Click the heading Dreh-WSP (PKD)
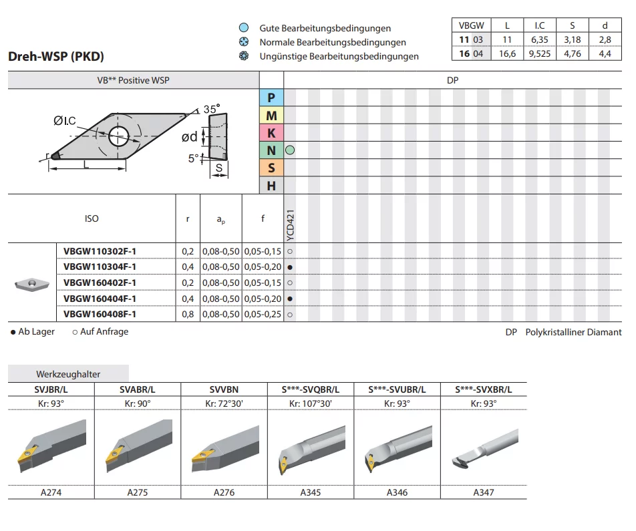point(56,56)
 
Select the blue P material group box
point(271,98)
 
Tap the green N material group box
point(271,150)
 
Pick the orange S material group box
point(271,168)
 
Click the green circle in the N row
point(290,150)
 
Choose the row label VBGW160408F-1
point(100,315)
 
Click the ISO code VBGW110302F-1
point(100,252)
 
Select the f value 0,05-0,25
point(263,315)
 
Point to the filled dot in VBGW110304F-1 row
point(290,267)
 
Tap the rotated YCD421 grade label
point(291,225)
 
